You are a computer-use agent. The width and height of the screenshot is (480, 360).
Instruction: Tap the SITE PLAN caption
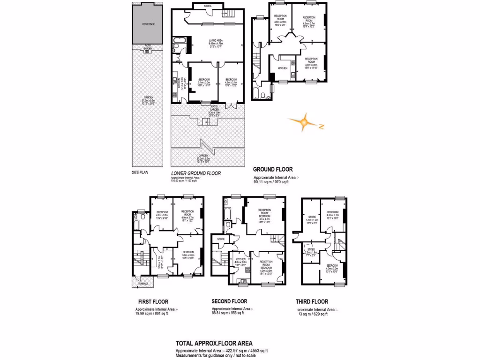pos(140,173)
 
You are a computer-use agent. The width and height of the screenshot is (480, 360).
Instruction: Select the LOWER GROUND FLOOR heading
pos(196,173)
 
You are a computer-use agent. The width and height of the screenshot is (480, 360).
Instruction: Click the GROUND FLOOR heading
pos(273,169)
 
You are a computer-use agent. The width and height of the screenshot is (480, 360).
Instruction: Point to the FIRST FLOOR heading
pos(153,301)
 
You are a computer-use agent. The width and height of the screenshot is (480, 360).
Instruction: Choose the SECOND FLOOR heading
pos(229,301)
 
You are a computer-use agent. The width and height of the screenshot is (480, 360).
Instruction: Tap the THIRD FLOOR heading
pos(312,301)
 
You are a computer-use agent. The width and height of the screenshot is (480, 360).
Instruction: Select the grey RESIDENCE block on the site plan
pos(149,24)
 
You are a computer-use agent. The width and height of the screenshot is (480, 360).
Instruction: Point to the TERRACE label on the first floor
pos(142,284)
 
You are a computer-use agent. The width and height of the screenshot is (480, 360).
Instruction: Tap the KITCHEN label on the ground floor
pos(283,68)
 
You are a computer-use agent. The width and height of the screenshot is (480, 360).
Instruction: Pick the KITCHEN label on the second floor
pos(241,259)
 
